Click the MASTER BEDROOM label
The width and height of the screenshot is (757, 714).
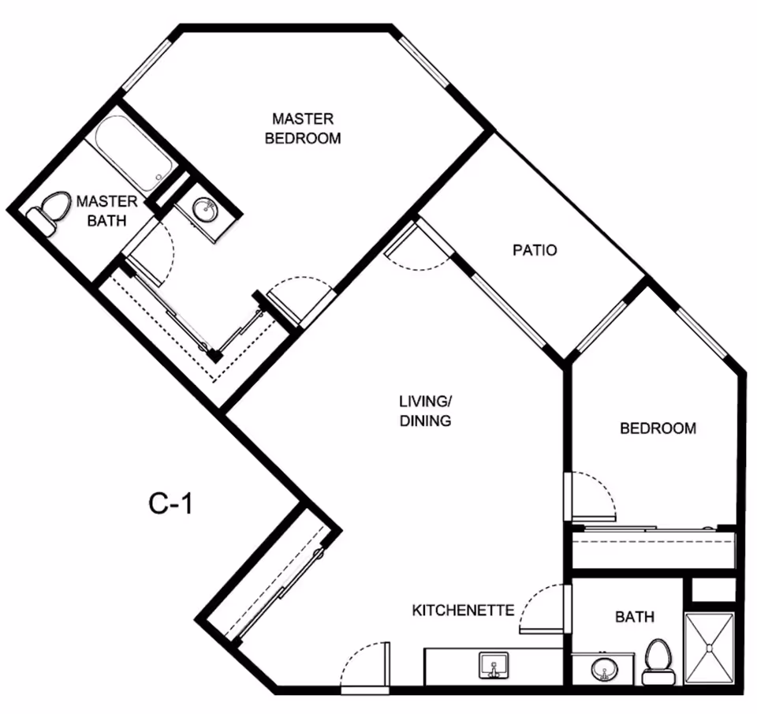coord(303,129)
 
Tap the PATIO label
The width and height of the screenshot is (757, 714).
coord(535,250)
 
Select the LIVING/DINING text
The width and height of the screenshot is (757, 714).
coord(425,410)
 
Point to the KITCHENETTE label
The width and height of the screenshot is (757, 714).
coord(463,610)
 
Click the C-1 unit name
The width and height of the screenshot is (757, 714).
coord(170,503)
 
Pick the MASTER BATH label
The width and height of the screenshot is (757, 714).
coord(106,211)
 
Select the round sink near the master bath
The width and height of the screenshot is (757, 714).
coord(206,210)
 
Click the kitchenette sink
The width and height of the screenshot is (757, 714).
coord(494,665)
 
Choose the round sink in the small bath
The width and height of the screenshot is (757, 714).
coord(604,670)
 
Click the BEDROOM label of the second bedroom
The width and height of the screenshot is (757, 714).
coord(658,428)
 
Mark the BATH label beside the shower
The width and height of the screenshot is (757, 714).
coord(635,616)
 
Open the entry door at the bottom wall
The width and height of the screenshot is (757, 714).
coord(365,667)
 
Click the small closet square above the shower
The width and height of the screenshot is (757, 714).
coord(713,590)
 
